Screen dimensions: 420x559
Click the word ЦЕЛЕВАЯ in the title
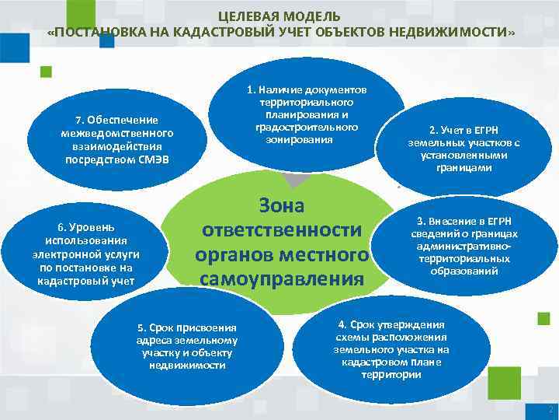tap(241, 16)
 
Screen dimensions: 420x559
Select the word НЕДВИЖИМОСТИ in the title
tap(460, 33)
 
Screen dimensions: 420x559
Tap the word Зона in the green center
tap(280, 206)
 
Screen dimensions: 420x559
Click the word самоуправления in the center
tap(282, 278)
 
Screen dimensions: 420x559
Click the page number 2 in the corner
tap(550, 409)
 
